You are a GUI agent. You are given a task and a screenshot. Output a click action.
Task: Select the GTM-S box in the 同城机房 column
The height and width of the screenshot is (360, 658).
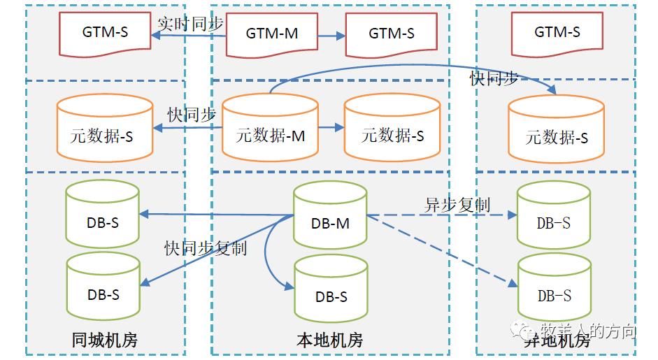(x=105, y=32)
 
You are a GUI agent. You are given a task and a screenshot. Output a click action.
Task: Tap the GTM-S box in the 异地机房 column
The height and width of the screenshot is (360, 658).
(x=557, y=32)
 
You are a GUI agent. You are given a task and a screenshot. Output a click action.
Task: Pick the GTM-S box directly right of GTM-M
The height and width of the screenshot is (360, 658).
(x=392, y=34)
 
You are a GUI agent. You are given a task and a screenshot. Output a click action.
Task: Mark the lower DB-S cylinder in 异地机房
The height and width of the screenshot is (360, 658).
(x=554, y=289)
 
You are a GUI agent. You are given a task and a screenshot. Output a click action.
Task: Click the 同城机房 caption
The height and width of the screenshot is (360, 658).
(x=105, y=340)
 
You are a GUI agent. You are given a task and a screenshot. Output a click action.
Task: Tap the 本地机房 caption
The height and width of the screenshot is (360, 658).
(x=330, y=340)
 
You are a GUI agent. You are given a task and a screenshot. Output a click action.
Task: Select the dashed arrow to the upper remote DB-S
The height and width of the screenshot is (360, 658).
(x=441, y=215)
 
